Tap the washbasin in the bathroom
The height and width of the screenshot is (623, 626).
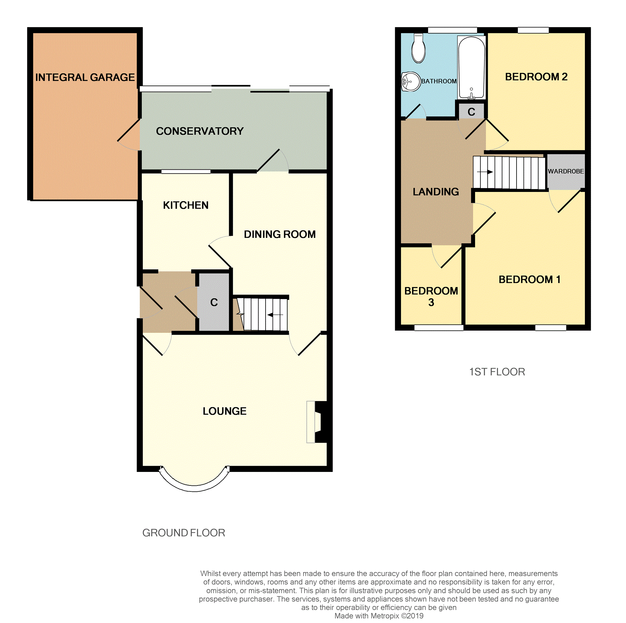[411, 82]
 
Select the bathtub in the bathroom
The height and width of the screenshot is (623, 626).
[471, 67]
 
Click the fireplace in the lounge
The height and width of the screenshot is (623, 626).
[317, 422]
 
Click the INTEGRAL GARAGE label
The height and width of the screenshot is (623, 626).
[85, 78]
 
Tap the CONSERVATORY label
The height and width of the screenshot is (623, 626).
[200, 131]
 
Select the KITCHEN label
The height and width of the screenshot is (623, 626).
[186, 205]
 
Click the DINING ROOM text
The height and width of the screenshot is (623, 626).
[280, 234]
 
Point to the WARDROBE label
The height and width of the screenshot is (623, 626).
[566, 172]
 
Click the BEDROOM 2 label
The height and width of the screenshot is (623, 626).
[536, 77]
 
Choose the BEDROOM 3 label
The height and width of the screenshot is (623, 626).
[431, 296]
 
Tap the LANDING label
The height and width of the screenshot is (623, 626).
[436, 192]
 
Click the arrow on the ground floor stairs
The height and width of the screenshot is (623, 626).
[275, 315]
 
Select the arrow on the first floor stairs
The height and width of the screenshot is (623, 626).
[485, 172]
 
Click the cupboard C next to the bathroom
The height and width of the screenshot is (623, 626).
[471, 112]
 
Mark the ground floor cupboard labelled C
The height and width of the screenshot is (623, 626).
[214, 302]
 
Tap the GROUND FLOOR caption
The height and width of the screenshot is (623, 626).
[184, 533]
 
